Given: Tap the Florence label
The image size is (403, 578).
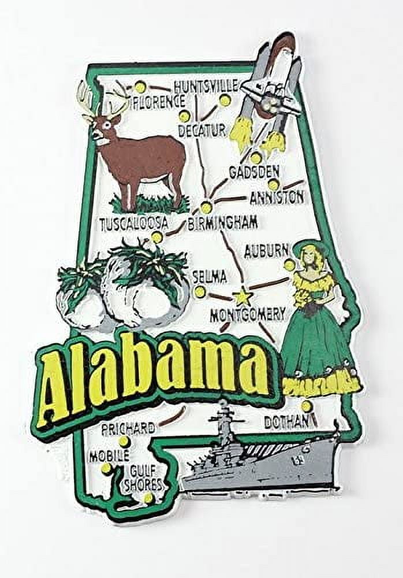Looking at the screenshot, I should tap(155, 104).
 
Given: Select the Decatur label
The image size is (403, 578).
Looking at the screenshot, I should tap(201, 130).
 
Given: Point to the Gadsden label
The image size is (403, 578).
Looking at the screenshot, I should tap(254, 172).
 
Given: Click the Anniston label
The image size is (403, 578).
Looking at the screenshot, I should tap(276, 198).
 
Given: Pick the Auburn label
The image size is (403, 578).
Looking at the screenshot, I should tap(266, 251).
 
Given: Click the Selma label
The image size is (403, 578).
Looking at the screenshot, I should tap(209, 277).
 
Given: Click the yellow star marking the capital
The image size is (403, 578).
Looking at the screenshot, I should tap(242, 298).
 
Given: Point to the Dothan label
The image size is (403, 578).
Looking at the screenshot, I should tap(286, 423).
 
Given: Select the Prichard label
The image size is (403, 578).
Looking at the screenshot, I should tap(128, 428).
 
